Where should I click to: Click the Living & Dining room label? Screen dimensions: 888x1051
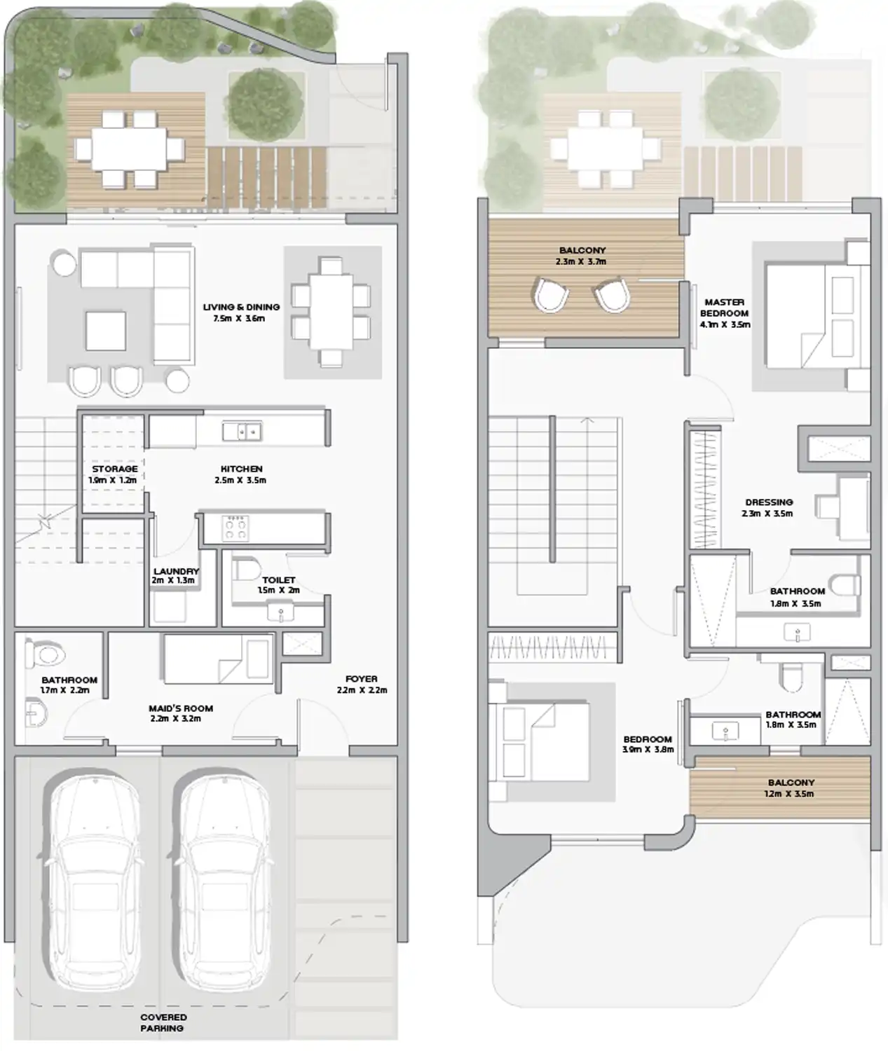[241, 307]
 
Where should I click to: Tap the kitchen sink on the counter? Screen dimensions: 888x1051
[242, 432]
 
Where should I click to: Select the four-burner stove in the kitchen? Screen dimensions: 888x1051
[235, 528]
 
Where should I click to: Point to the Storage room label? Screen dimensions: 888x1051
[114, 469]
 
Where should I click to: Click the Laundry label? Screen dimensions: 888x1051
[176, 571]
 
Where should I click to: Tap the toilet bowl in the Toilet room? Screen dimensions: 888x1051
[246, 570]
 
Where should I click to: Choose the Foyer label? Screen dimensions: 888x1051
[362, 678]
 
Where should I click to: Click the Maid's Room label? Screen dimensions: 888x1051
[181, 708]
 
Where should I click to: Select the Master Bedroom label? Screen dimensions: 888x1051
[725, 308]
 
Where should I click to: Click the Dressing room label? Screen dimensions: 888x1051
[769, 502]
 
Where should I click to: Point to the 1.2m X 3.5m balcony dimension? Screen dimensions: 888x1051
[788, 794]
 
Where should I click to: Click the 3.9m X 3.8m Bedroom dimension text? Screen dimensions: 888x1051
[648, 750]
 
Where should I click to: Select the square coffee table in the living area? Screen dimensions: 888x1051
[106, 331]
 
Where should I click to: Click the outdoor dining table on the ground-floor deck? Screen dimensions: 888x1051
[129, 149]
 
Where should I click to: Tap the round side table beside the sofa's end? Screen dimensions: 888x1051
[64, 263]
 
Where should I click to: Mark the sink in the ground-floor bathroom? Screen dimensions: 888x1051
[35, 714]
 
